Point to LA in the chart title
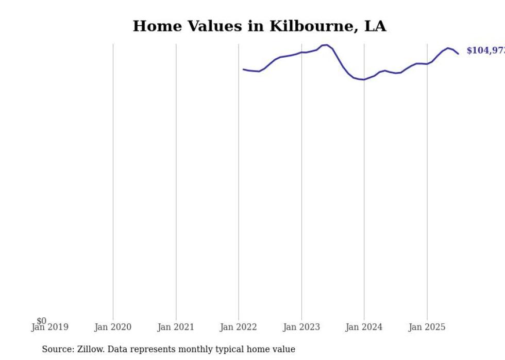375,26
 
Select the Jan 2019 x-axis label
49,327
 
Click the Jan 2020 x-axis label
113,327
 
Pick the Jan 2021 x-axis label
176,327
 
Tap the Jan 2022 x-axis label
239,327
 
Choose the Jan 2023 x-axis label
301,327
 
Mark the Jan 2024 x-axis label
364,327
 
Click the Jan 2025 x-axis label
427,327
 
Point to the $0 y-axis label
41,321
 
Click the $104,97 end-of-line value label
485,50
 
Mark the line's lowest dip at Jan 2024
363,79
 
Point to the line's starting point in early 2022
243,69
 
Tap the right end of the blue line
458,54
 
